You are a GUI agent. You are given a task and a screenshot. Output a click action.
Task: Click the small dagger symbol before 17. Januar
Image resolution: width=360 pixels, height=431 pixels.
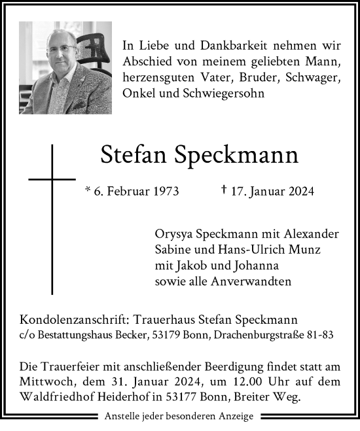pos(225,191)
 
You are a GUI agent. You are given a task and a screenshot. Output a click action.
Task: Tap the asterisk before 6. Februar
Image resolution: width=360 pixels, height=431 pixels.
pos(88,192)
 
